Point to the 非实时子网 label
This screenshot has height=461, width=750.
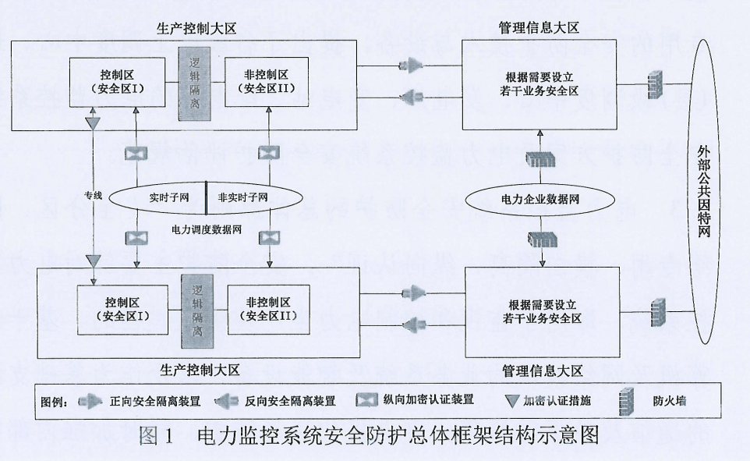pos(243,197)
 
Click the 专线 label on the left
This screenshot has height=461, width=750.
pos(94,195)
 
